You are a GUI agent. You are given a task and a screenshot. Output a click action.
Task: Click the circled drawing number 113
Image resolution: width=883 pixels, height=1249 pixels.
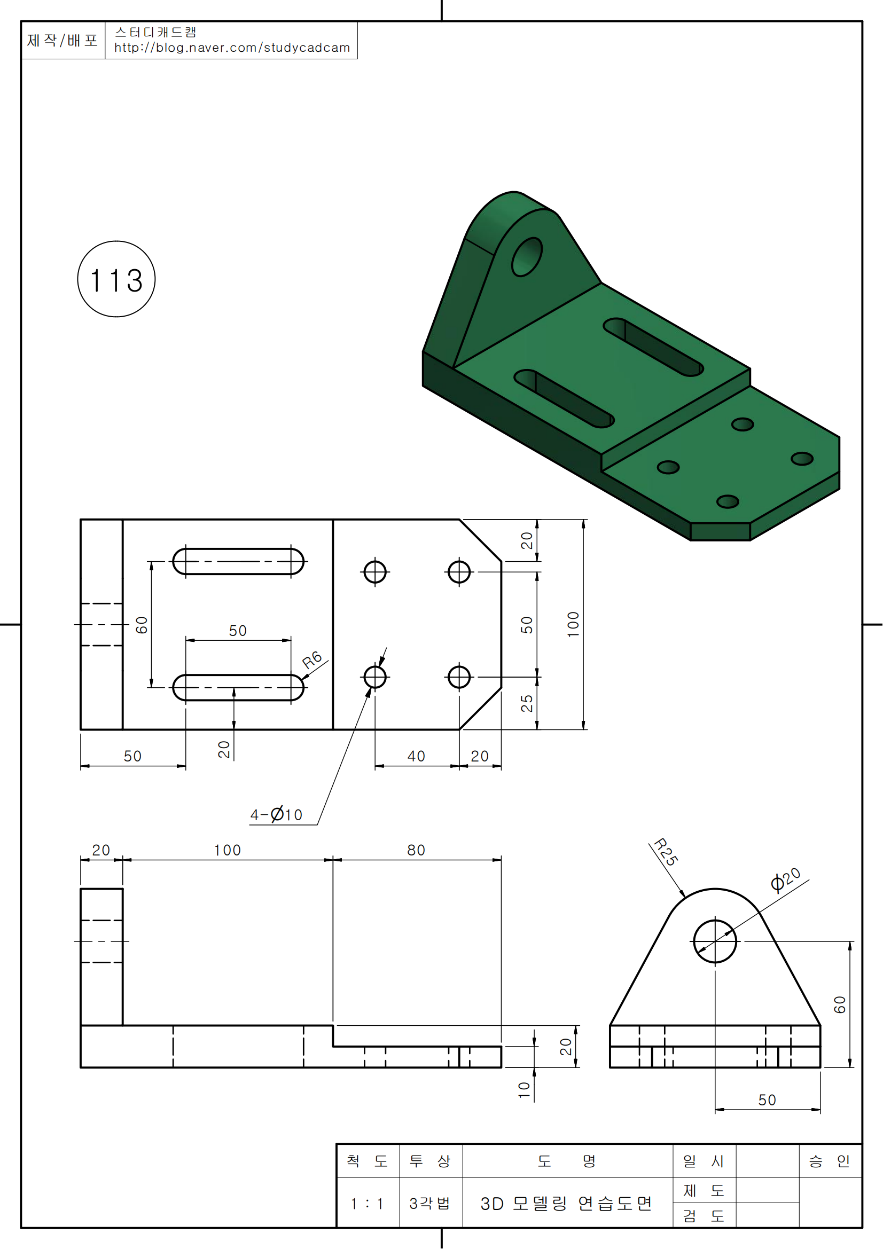pyautogui.click(x=116, y=279)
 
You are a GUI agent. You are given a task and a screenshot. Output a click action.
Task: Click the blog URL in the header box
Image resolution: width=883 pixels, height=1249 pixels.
pyautogui.click(x=232, y=48)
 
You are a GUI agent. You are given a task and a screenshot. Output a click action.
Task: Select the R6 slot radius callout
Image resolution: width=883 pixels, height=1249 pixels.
pyautogui.click(x=312, y=660)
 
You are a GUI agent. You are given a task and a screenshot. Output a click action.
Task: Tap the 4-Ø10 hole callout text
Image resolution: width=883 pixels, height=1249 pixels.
pyautogui.click(x=276, y=814)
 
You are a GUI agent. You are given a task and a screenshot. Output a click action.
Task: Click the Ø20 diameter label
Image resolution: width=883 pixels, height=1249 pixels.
pyautogui.click(x=786, y=879)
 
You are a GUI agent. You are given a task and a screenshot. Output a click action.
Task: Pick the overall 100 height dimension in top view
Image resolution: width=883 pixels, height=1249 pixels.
pyautogui.click(x=573, y=624)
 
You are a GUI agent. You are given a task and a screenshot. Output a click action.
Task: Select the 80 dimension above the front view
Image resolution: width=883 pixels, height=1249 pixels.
pyautogui.click(x=416, y=850)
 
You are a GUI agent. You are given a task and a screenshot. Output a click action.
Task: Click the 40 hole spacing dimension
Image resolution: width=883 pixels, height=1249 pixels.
pyautogui.click(x=416, y=756)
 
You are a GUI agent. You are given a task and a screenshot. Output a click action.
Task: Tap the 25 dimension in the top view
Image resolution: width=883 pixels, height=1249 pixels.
pyautogui.click(x=527, y=703)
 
